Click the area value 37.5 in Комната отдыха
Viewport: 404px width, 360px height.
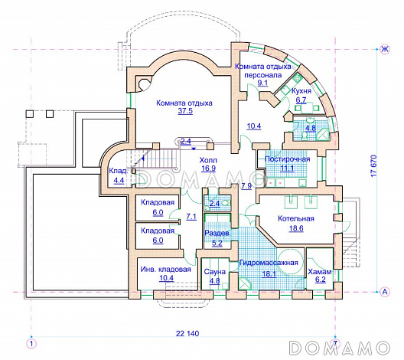pos(185,111)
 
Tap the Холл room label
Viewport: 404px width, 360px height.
pos(208,160)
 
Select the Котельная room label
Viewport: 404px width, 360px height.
pos(296,219)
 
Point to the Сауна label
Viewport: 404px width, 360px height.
pos(214,272)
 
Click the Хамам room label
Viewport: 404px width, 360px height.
pos(320,272)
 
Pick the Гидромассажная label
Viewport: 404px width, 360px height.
pos(269,263)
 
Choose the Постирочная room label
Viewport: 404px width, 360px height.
pos(287,159)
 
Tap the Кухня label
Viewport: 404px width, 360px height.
pos(301,91)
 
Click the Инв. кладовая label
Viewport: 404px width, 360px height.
pos(166,270)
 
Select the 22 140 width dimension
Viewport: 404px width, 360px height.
pos(187,333)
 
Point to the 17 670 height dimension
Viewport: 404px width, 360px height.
pos(374,165)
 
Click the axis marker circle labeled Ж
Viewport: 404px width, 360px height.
pos(385,49)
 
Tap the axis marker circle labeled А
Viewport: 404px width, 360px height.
pos(385,292)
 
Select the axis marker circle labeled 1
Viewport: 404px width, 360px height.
pos(31,343)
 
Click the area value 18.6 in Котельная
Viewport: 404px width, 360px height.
pos(296,228)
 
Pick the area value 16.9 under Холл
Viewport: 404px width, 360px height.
pos(208,169)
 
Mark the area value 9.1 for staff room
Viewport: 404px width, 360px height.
pos(262,83)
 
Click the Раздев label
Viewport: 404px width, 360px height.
pos(217,234)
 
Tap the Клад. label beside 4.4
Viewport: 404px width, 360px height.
pos(119,171)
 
